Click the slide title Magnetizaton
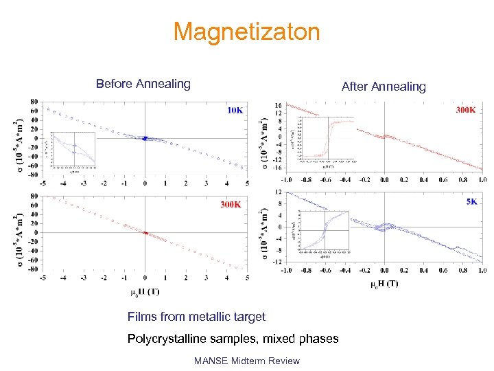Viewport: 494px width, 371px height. [x=246, y=32]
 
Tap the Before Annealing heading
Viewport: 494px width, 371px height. [x=143, y=84]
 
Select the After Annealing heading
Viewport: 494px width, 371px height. [x=384, y=87]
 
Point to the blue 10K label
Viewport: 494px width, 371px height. [x=235, y=110]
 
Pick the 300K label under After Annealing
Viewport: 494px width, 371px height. [x=464, y=110]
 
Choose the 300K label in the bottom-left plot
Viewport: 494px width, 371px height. [x=231, y=205]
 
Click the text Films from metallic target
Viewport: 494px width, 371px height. [x=196, y=317]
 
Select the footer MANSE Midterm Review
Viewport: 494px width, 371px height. [x=246, y=361]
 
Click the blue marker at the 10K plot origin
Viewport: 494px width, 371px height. [x=145, y=138]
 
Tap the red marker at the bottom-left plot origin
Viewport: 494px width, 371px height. [x=145, y=233]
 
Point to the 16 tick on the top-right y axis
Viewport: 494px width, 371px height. [x=277, y=106]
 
